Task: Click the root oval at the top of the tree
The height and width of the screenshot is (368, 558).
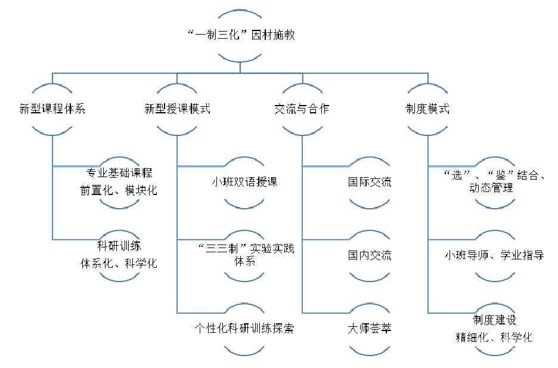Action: [240, 36]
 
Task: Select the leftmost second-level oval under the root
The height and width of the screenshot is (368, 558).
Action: [52, 110]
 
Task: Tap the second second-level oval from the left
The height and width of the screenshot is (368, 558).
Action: [177, 110]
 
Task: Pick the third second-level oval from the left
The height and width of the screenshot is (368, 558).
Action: [302, 110]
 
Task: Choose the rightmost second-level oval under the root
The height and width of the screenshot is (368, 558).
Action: [427, 110]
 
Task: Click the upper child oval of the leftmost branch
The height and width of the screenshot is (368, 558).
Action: [119, 183]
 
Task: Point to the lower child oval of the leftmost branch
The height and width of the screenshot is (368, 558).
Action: [119, 256]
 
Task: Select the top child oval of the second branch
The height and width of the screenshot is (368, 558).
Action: [244, 183]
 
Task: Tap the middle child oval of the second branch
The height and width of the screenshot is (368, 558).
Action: [244, 256]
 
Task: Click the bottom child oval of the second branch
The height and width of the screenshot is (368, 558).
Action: [244, 329]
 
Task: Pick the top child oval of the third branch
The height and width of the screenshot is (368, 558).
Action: [370, 183]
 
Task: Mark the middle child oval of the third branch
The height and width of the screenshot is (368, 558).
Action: [370, 256]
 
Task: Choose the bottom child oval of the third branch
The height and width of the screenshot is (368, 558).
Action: [370, 329]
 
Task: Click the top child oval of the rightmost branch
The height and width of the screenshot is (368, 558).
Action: [495, 183]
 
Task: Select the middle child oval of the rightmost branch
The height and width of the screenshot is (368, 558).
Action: [495, 256]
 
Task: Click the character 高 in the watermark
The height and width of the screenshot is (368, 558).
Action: [482, 344]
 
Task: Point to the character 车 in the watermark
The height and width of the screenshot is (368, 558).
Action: [534, 344]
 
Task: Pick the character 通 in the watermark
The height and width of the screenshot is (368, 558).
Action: [521, 344]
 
